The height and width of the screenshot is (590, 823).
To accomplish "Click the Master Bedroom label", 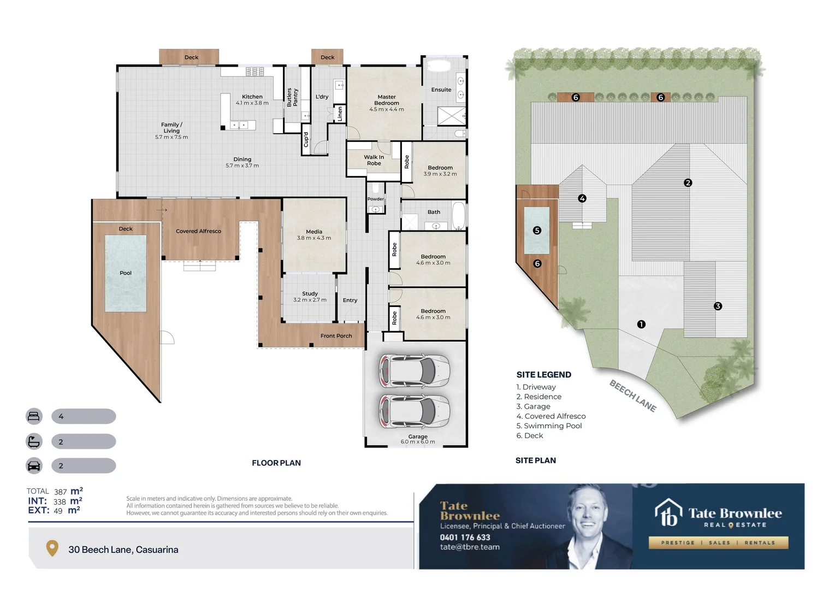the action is click(x=387, y=100).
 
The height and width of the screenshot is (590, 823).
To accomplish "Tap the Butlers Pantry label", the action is click(x=292, y=97).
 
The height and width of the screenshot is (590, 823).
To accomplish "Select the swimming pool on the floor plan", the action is click(x=126, y=274).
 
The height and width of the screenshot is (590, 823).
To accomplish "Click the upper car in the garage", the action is click(x=415, y=370).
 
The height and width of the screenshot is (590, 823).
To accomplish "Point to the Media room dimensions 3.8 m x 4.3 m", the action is click(x=314, y=238).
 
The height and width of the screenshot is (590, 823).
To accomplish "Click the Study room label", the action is click(x=310, y=294).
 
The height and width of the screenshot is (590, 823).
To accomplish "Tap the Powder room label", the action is click(x=376, y=199).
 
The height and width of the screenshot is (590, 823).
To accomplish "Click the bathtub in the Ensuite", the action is click(x=439, y=66).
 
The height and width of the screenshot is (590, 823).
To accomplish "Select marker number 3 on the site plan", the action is click(x=718, y=306).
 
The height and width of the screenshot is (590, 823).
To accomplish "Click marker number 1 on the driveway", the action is click(x=641, y=324).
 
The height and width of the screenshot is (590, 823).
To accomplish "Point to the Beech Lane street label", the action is click(x=633, y=396).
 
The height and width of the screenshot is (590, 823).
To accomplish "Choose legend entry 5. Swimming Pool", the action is click(x=549, y=426).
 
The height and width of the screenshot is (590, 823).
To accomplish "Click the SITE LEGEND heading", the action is click(x=544, y=375).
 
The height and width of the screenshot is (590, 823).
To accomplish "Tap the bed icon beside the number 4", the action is click(x=34, y=416).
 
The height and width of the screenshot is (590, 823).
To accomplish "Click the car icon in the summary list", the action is click(x=34, y=466).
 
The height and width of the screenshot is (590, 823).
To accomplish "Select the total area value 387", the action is click(x=60, y=492).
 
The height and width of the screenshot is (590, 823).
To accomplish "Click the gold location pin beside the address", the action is click(x=52, y=548).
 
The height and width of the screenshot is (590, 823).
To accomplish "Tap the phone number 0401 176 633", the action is click(x=465, y=538).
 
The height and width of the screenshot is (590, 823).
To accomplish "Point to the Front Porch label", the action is click(x=336, y=336).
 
